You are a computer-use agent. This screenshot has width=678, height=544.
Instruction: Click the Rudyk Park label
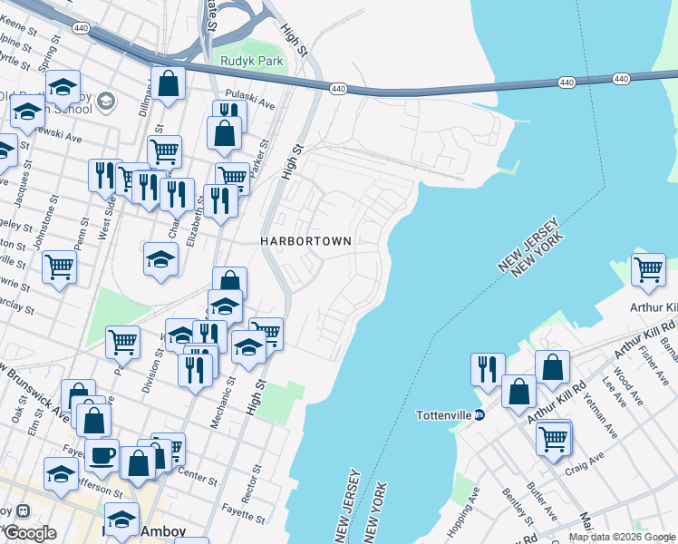[x=252, y=62]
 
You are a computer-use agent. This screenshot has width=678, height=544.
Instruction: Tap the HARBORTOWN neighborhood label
[x=305, y=241]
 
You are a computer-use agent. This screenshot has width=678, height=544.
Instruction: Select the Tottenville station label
[x=443, y=415]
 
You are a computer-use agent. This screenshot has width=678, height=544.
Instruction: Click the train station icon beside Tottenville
[x=480, y=415]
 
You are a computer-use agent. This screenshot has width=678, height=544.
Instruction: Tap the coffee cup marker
[x=102, y=456]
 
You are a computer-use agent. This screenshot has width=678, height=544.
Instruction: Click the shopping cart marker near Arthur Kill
[x=648, y=269]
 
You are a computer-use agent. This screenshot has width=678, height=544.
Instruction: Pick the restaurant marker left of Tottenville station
[x=488, y=368]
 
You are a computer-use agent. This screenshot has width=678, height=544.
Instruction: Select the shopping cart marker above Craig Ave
[x=553, y=439]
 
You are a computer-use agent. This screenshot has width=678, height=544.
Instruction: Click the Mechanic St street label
[x=223, y=382]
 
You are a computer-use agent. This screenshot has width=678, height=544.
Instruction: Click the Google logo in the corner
[x=30, y=532]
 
